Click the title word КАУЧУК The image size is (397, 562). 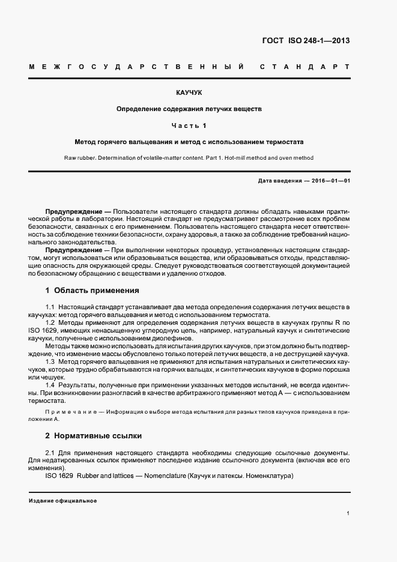coord(189,94)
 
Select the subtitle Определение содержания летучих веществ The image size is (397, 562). coord(189,110)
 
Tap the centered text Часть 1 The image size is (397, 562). coord(189,126)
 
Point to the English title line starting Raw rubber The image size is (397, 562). coord(189,158)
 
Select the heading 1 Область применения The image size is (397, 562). coord(92,291)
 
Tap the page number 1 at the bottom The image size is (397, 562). coord(348,514)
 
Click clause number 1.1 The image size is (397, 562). coord(50,307)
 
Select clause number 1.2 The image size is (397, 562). coord(50,323)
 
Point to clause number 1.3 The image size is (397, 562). coord(50,363)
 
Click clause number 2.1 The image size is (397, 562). coord(50,452)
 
